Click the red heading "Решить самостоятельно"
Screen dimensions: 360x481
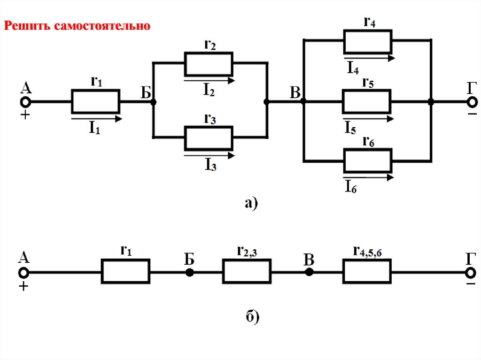(78, 25)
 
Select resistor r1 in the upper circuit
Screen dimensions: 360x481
(95, 101)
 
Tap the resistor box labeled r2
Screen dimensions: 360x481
(209, 64)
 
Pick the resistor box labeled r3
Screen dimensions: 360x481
(209, 137)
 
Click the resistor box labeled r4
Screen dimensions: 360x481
(368, 41)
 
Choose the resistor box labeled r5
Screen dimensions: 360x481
(366, 101)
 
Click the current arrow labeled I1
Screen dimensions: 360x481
(96, 119)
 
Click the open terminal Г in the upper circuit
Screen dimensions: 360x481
(471, 101)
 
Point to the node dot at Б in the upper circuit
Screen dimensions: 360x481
(153, 101)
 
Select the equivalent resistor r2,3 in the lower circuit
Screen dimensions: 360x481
(247, 272)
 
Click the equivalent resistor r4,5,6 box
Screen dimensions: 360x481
(367, 272)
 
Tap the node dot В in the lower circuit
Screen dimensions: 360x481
(309, 272)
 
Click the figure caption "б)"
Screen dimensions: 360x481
(252, 317)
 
